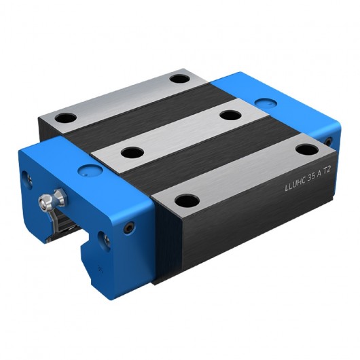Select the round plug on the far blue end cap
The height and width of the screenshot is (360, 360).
pos(263,104)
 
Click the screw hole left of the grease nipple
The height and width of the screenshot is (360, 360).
pos(29,179)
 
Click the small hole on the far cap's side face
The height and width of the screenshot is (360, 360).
pos(329,141)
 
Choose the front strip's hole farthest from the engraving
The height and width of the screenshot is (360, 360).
pos(187,200)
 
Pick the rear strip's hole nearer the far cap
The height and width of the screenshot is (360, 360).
pos(179,78)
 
